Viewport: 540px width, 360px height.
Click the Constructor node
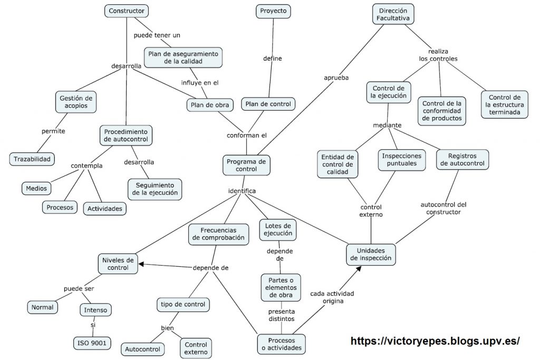127,11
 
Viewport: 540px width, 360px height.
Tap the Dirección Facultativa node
392,14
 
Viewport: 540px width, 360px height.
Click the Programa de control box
246,165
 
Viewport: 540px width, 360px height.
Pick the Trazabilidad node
32,158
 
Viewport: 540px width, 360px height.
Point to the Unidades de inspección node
371,254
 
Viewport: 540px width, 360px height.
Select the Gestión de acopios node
76,102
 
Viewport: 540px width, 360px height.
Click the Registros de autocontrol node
462,159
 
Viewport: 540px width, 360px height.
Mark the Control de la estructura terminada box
504,105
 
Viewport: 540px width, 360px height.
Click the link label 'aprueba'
336,78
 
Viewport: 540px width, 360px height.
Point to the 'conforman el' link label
247,135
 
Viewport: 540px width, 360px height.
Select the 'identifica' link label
242,190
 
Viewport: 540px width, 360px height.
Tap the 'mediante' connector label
387,125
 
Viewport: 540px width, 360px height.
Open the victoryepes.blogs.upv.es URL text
436,340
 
